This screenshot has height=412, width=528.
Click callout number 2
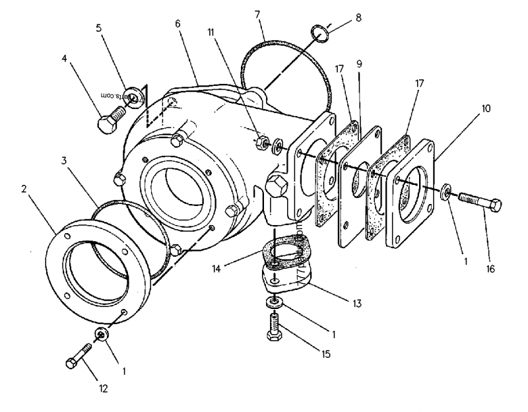pyautogui.click(x=24, y=189)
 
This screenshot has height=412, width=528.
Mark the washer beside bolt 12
pyautogui.click(x=101, y=335)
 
